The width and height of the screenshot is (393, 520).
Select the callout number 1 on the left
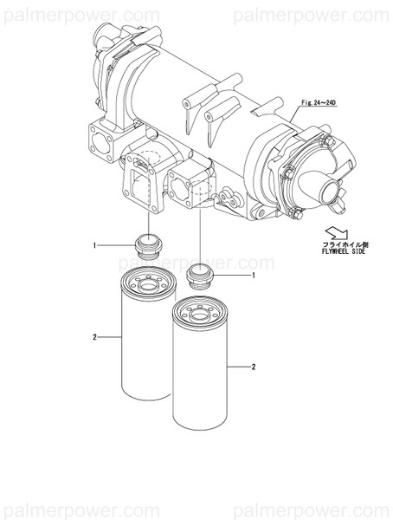94,245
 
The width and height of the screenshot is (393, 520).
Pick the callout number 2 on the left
94,335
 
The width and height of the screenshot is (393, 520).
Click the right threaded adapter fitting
200,276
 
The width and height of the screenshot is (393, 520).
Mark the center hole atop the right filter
199,315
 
